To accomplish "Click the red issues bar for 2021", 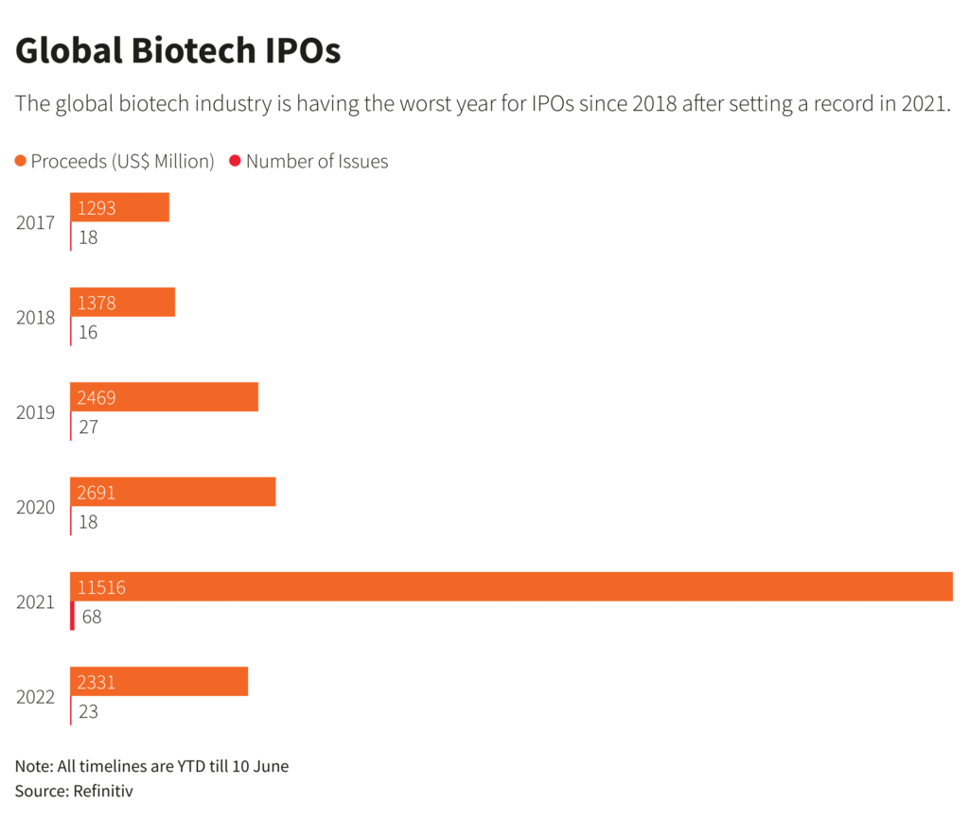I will pos(72,617).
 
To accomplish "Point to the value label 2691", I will pos(97,493).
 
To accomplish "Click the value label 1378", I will pos(97,303).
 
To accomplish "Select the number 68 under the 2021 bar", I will pos(91,617).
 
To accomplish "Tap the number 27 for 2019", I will pos(88,427).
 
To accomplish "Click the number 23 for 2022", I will pos(88,711).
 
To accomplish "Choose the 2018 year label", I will pos(35,318).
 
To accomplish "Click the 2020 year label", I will pos(35,507).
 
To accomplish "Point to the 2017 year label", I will pos(35,223).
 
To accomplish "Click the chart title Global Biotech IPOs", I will pos(178,51).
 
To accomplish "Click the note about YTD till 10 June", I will pos(151,766).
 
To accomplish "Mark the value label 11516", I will pos(101,587).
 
